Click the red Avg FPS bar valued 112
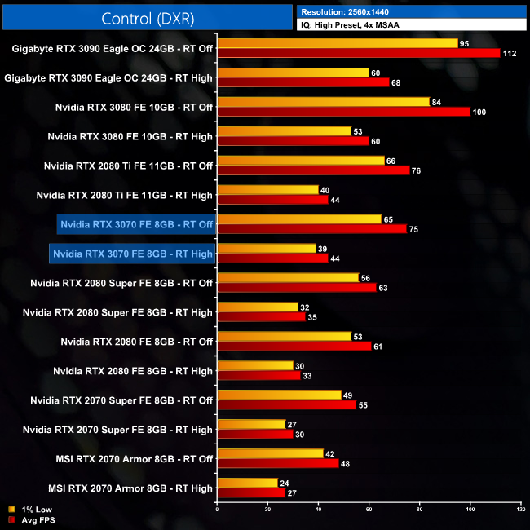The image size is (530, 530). tap(359, 53)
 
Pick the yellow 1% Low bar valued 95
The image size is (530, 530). tap(338, 42)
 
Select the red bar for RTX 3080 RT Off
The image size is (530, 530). tap(343, 112)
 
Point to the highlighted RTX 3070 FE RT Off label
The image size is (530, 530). tap(136, 224)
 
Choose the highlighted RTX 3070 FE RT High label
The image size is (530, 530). tap(132, 254)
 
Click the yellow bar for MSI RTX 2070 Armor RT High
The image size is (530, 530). tap(248, 483)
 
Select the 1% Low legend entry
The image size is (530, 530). tap(26, 509)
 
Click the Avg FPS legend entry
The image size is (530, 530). tap(27, 519)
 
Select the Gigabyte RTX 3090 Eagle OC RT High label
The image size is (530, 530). tap(108, 78)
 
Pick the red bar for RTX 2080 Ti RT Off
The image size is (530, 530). tap(313, 170)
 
